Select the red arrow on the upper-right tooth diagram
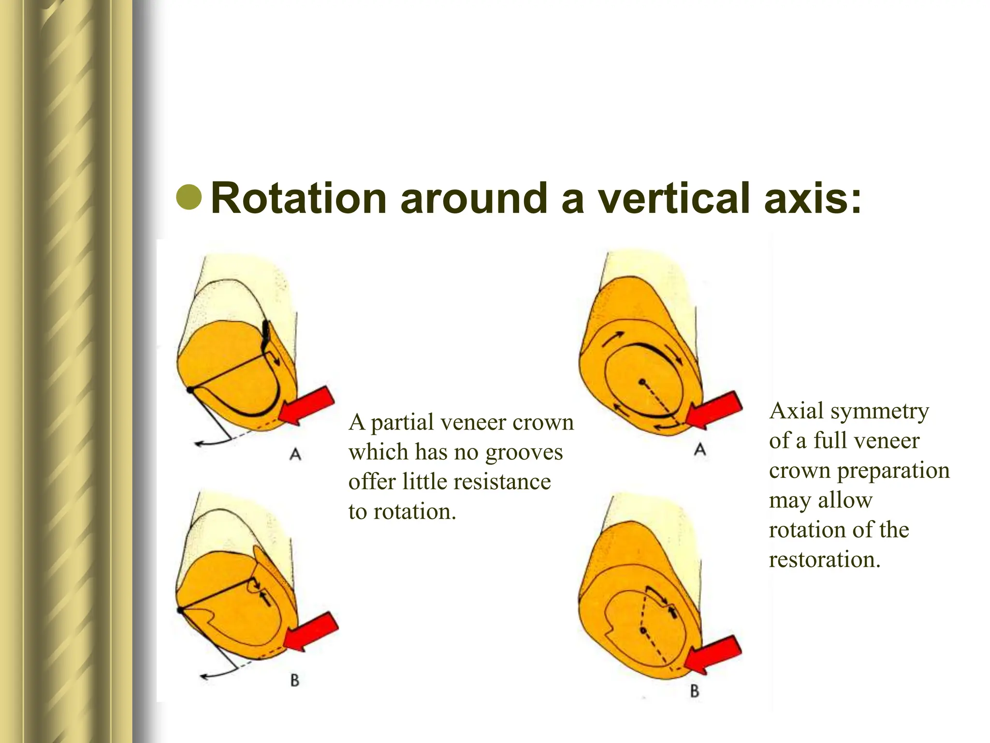[x=714, y=410]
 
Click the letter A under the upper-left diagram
[x=295, y=454]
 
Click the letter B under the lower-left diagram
[x=294, y=681]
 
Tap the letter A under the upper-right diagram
[x=699, y=450]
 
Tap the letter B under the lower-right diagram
[x=695, y=691]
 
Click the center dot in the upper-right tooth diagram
[x=642, y=382]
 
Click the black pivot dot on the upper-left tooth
[x=190, y=389]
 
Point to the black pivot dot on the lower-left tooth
[x=181, y=611]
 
